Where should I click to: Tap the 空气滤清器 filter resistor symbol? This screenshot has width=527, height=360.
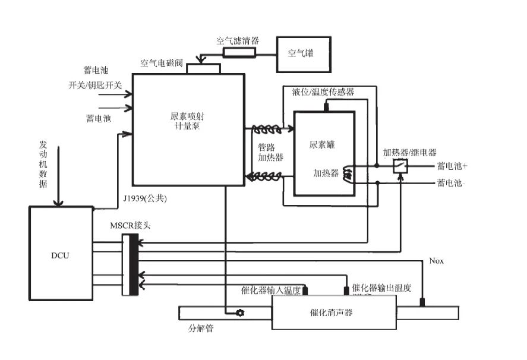(239, 52)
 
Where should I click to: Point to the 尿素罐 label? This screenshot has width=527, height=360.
(323, 145)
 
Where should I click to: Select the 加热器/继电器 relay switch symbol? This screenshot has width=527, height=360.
(401, 166)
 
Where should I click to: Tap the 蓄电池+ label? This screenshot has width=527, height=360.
(452, 166)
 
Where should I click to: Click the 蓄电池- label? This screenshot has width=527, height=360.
(451, 183)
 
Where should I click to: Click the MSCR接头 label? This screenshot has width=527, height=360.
(130, 225)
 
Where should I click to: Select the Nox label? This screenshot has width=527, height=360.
(436, 261)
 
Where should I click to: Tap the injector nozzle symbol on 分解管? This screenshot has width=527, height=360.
(240, 312)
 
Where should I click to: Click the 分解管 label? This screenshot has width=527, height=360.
(201, 328)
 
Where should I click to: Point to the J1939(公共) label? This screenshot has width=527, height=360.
(148, 198)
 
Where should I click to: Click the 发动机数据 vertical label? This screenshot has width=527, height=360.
(43, 164)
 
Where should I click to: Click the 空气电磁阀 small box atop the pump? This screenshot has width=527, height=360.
(203, 68)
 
